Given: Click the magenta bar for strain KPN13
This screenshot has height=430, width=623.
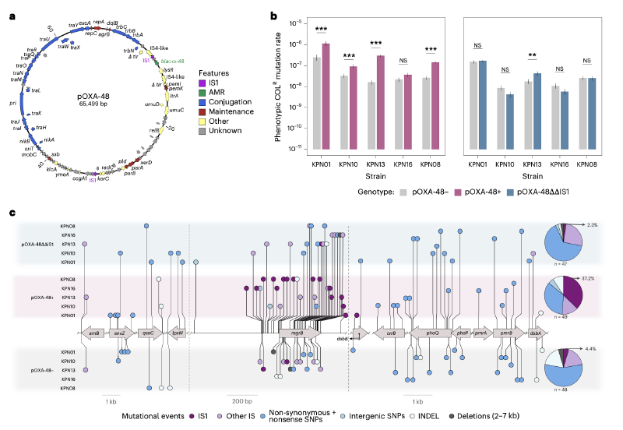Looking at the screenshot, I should pos(380,100).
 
